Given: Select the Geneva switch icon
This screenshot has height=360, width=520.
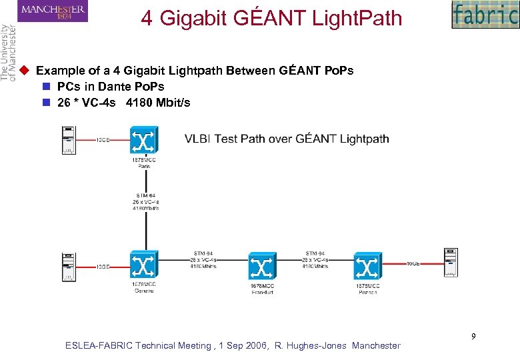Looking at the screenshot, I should click(x=143, y=266).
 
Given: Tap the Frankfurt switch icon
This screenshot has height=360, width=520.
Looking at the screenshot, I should click(x=261, y=267).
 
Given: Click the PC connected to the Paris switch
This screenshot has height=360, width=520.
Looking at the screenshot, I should click(x=68, y=141).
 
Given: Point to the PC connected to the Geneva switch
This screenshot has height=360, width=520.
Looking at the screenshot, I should click(x=68, y=266).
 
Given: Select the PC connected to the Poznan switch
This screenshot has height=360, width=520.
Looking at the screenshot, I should click(x=451, y=262).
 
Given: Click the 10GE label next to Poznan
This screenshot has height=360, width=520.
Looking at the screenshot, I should click(x=413, y=263).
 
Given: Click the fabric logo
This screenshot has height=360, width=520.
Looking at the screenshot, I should click(x=484, y=15).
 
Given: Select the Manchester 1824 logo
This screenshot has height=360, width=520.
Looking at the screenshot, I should click(x=53, y=11).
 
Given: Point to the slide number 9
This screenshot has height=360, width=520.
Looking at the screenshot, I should click(x=473, y=336).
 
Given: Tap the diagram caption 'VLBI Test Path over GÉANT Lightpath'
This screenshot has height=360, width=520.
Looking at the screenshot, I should click(x=287, y=139).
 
